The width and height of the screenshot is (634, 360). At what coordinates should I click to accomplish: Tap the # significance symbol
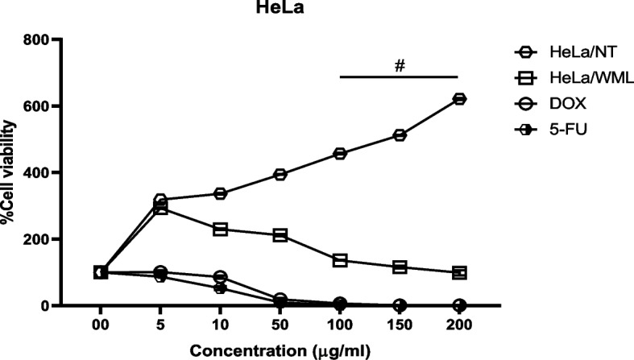399,65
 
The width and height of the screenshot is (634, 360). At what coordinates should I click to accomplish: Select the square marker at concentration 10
220,230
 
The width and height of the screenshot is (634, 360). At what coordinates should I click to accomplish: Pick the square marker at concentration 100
340,260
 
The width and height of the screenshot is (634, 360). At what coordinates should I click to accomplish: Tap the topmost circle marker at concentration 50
280,174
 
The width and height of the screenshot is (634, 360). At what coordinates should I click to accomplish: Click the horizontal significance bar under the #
399,77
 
